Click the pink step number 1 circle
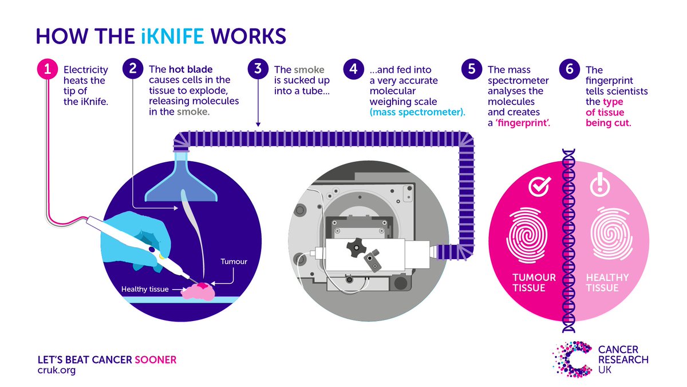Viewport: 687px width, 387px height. click(48, 70)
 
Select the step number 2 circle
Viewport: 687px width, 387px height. click(133, 70)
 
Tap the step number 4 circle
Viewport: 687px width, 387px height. click(353, 70)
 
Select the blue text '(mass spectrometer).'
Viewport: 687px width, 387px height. click(416, 112)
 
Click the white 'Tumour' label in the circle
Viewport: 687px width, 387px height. click(234, 261)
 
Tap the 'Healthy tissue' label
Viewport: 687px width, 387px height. click(145, 289)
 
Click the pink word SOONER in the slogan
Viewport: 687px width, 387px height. click(155, 359)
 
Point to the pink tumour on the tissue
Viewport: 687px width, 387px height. click(203, 286)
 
